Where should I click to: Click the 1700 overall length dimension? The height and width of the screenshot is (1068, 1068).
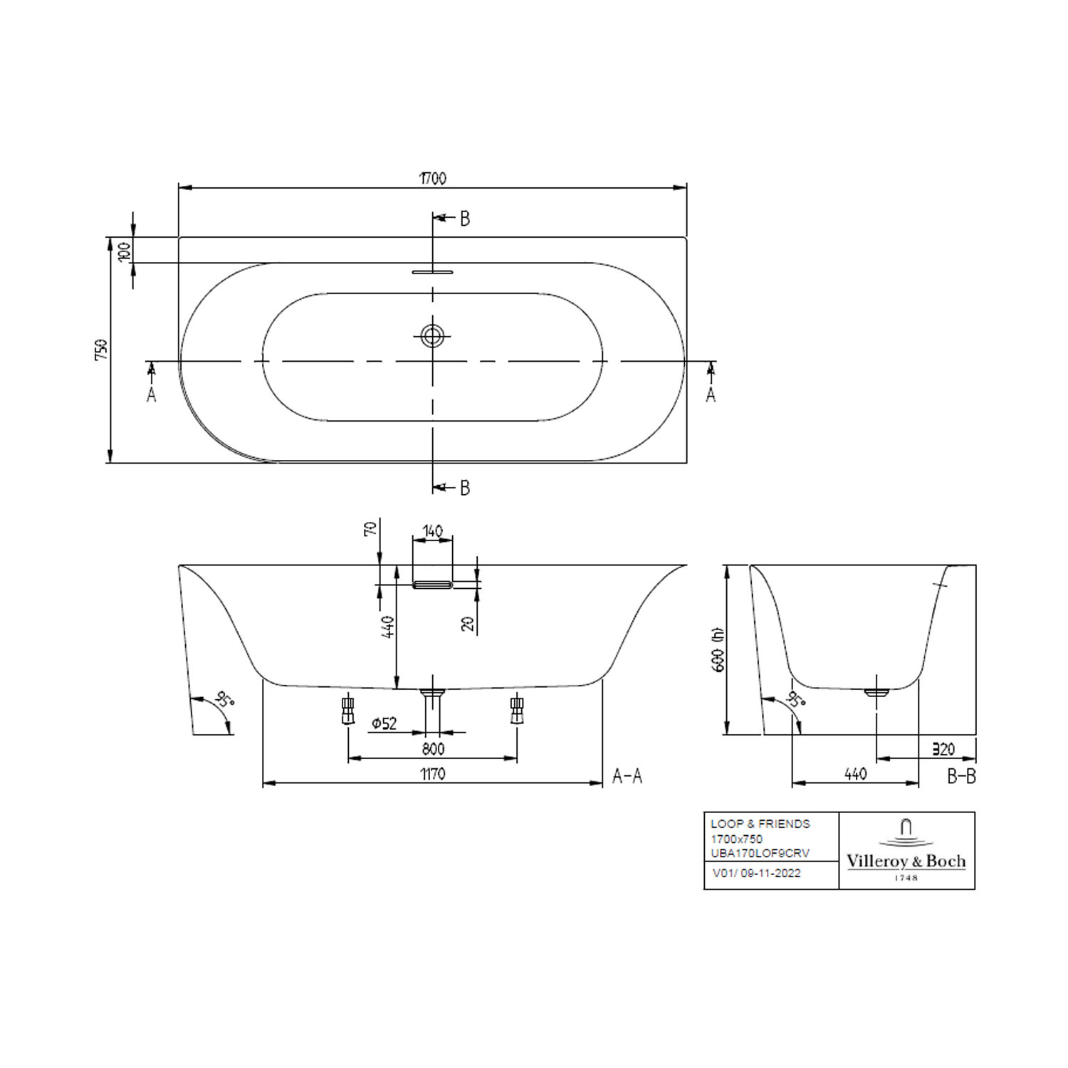click(x=432, y=178)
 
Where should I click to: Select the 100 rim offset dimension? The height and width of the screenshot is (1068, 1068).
click(x=124, y=251)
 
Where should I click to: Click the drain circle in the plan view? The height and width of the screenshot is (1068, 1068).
click(x=432, y=335)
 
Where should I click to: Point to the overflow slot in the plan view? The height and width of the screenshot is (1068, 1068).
click(x=432, y=271)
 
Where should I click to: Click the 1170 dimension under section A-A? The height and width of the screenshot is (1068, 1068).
click(x=432, y=774)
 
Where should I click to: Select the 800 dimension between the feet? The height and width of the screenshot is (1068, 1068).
click(x=432, y=749)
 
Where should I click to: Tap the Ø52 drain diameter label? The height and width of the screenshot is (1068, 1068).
click(x=384, y=723)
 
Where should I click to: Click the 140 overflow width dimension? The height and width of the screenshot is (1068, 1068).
click(x=432, y=531)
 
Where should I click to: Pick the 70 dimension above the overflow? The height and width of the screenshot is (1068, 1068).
click(x=370, y=528)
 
